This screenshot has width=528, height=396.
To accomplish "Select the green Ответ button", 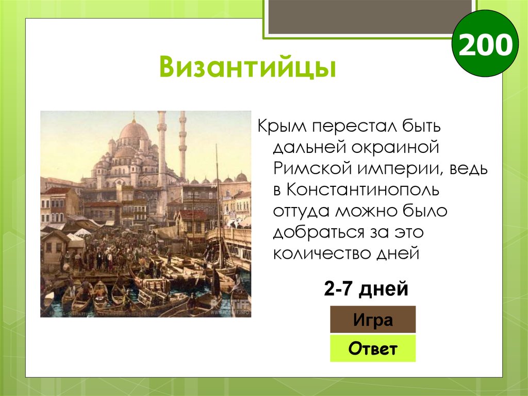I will [x=372, y=349].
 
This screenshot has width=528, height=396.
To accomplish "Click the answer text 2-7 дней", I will [x=366, y=289].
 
